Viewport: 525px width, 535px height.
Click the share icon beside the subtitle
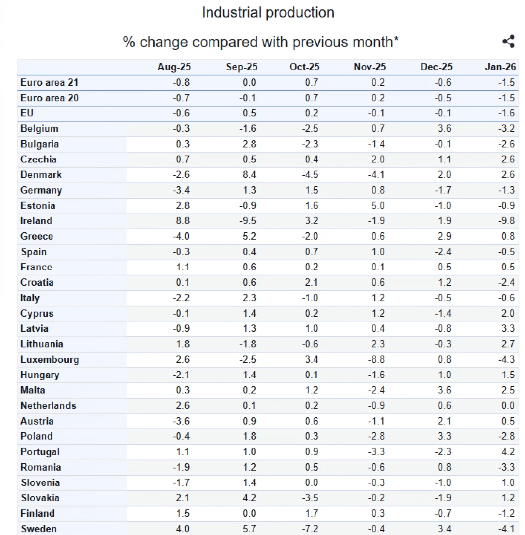coord(508,42)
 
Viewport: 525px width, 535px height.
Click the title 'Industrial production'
coord(268,13)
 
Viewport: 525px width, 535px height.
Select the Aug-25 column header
coord(174,67)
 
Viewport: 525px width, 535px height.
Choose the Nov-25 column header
coord(369,67)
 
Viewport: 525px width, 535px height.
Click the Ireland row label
coord(36,221)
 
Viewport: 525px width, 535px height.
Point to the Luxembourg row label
coord(50,360)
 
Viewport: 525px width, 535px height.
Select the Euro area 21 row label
coord(50,83)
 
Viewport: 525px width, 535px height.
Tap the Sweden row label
coord(39,529)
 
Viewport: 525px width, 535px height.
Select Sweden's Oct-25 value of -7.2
coord(311,529)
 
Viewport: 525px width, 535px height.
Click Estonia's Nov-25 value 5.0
coord(378,206)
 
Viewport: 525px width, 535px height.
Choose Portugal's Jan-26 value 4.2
coord(508,452)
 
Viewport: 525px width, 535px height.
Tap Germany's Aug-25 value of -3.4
coord(181,190)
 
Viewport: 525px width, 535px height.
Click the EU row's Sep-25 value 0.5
coord(250,113)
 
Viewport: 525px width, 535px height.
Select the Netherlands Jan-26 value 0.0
coord(508,406)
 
